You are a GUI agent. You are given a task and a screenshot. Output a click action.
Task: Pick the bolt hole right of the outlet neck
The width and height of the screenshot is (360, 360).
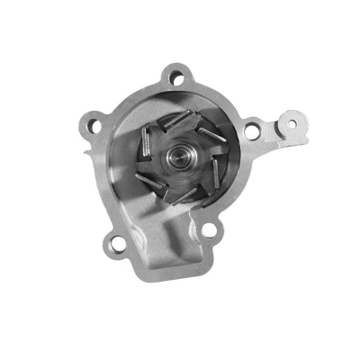[x=208, y=229]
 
